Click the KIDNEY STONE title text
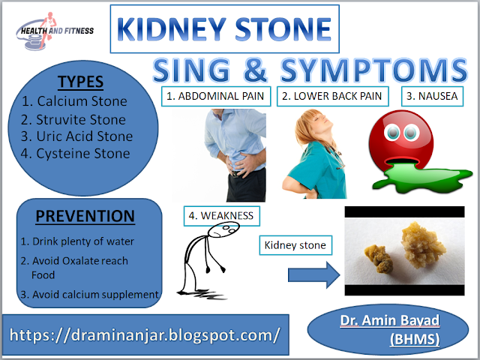(224, 29)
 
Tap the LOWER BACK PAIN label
(334, 96)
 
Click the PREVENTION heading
(85, 217)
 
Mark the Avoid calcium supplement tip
(89, 294)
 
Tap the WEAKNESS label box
(221, 216)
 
